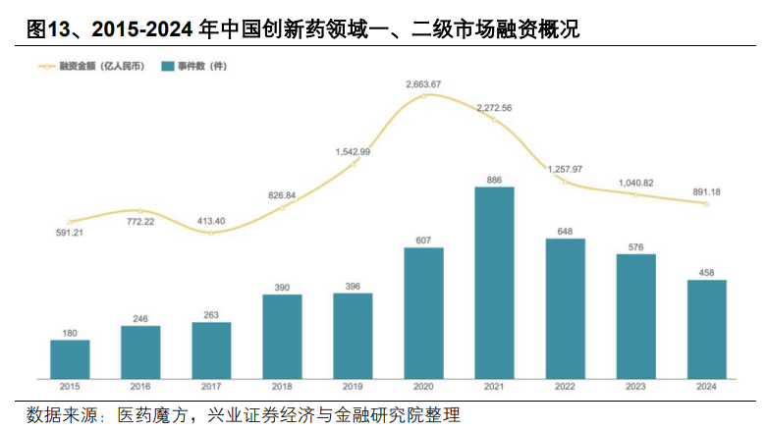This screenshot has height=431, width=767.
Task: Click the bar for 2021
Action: (494, 283)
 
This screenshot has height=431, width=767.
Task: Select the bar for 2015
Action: (70, 359)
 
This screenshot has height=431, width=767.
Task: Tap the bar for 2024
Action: (706, 330)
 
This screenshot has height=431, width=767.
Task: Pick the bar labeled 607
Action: (423, 313)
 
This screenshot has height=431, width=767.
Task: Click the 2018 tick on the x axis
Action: (282, 387)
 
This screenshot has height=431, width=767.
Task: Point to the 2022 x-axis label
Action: (565, 387)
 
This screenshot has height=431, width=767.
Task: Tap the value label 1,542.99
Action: (353, 151)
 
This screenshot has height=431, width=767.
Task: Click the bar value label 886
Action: (494, 180)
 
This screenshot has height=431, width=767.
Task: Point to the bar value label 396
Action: (353, 286)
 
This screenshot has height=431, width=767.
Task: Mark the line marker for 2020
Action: (424, 95)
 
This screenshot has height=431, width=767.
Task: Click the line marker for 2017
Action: (211, 233)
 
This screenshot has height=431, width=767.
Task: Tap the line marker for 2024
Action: (706, 203)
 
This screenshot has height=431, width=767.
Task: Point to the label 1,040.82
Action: (635, 183)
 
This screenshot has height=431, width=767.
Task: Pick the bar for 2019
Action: (353, 336)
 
